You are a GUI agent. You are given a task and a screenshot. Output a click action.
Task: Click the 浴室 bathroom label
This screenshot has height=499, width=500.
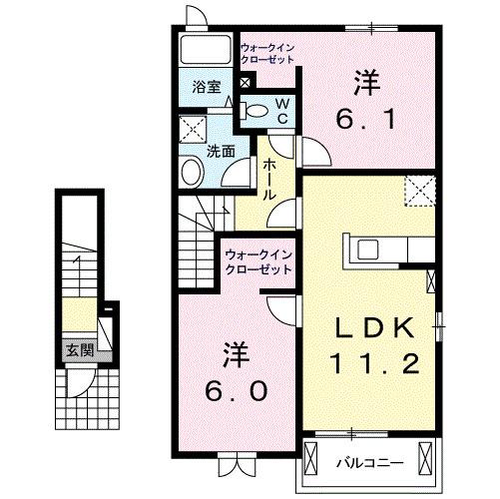point(208,87)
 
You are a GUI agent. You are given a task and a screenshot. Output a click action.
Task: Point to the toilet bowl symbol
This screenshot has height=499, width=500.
point(255,110)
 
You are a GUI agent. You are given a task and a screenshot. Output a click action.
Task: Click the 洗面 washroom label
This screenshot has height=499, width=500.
point(221,152)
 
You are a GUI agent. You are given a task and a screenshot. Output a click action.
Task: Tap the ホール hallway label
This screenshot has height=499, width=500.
point(269,181)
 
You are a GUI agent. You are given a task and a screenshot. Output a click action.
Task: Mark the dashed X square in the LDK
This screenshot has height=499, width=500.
point(418,190)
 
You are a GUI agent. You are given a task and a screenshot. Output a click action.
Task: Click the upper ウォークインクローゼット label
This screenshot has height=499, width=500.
point(268,53)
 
